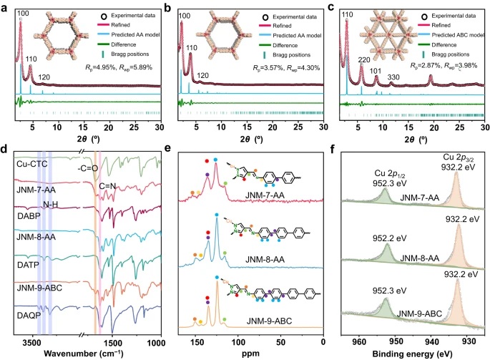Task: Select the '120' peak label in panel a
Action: [45, 75]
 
